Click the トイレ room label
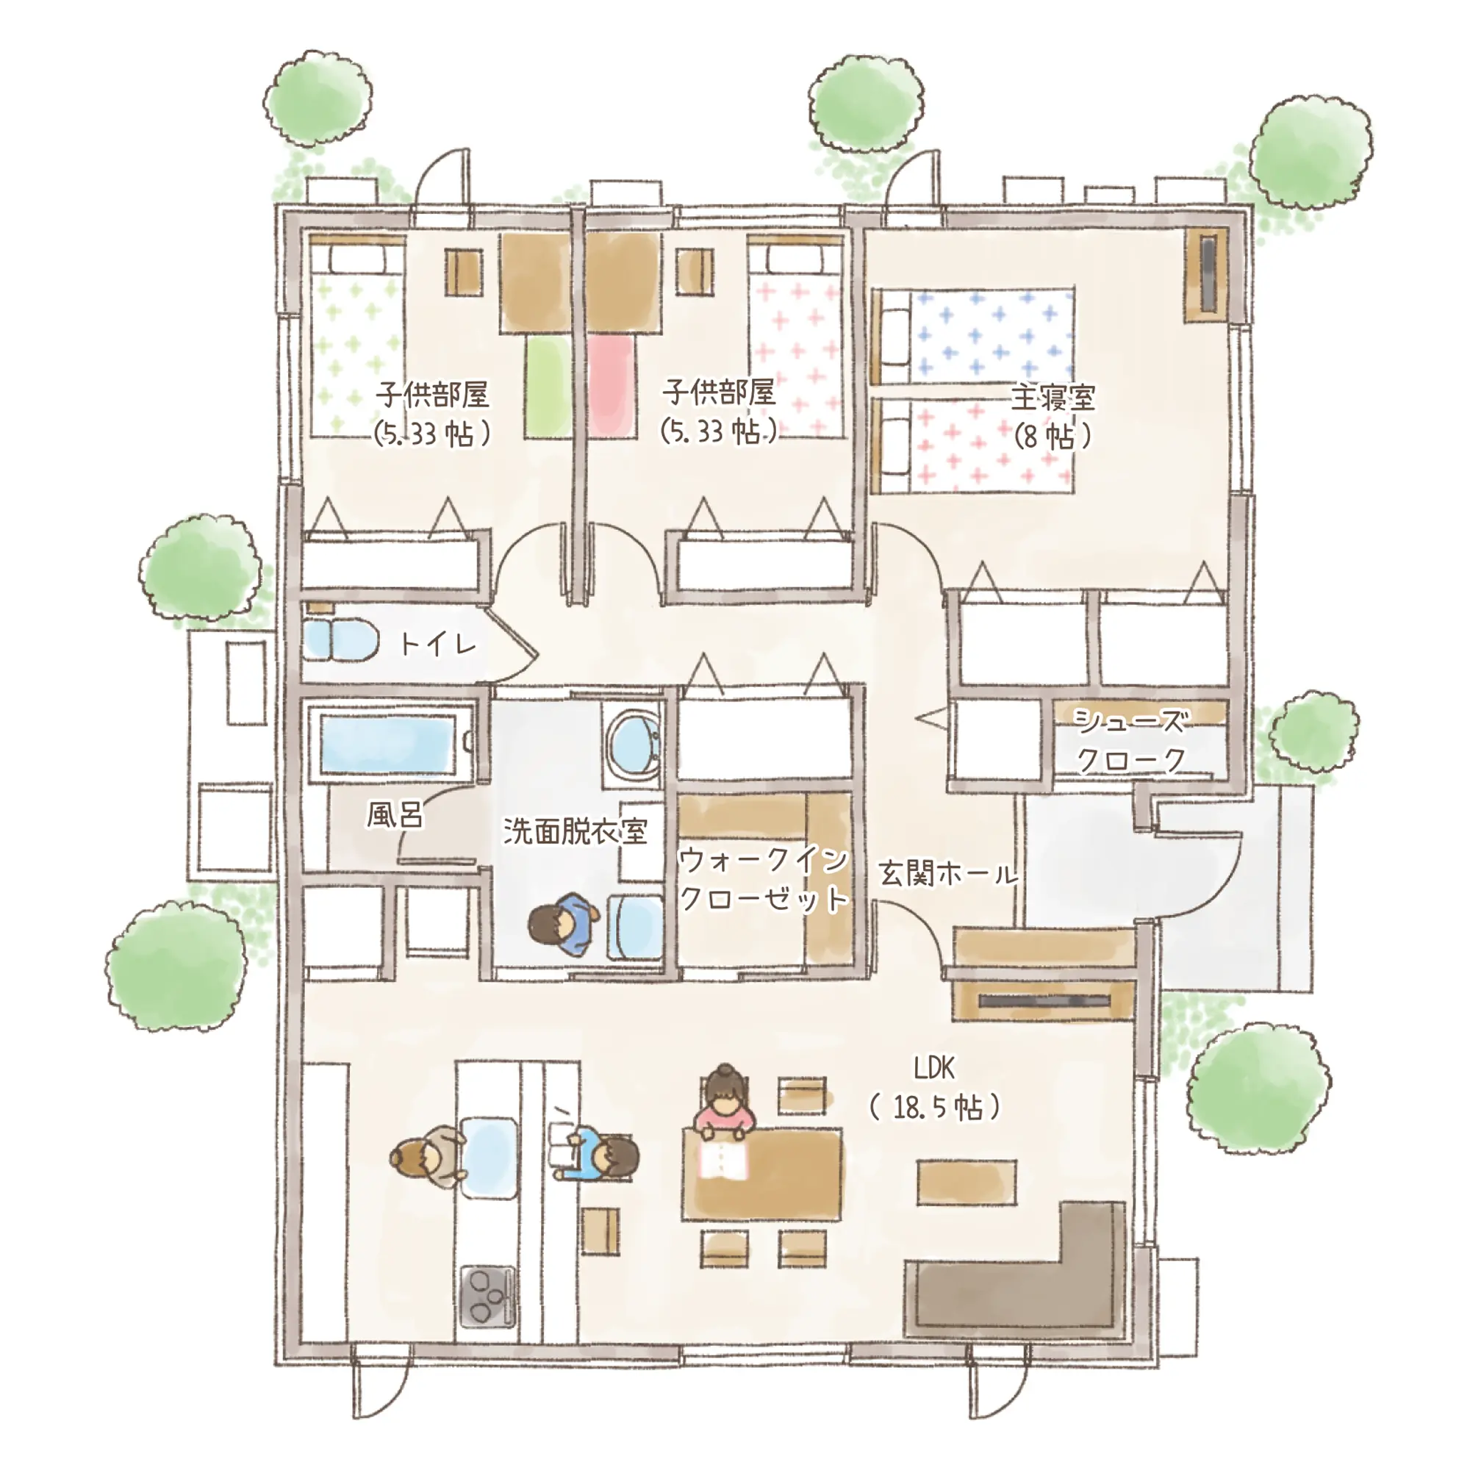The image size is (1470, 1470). click(438, 645)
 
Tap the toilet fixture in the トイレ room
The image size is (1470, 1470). click(342, 640)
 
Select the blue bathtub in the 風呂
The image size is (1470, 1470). click(388, 743)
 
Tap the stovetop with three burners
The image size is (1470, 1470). click(488, 1296)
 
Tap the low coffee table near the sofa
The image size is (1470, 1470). click(967, 1183)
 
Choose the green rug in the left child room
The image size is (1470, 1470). click(548, 387)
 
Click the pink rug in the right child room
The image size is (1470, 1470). click(612, 387)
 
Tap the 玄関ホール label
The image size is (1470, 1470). click(948, 873)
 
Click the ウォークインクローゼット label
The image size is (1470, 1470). click(763, 880)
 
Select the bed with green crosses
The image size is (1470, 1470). click(356, 337)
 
